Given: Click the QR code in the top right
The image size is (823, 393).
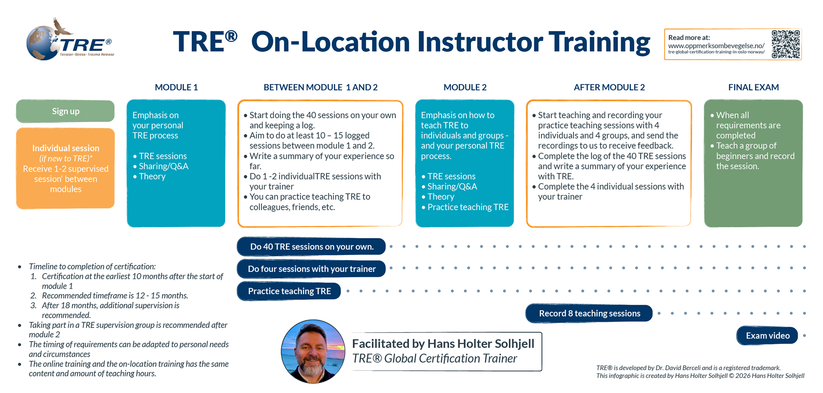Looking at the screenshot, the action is click(786, 44).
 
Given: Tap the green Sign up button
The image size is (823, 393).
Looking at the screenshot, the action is click(65, 111).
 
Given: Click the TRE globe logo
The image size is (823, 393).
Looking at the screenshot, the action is click(70, 39).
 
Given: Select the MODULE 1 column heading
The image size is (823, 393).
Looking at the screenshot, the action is click(176, 87).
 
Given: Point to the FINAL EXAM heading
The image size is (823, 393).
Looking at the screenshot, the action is click(753, 87).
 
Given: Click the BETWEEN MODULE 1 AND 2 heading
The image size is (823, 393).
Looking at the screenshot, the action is click(320, 87).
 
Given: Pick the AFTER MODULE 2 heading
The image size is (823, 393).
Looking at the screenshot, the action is click(609, 87).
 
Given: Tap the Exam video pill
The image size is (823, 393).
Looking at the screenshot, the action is click(767, 336).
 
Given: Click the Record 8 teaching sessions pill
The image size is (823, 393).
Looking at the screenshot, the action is click(589, 313).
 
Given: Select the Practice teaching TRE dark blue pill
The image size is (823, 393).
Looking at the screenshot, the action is click(289, 291).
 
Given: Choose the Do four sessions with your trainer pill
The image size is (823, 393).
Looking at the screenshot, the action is click(312, 269).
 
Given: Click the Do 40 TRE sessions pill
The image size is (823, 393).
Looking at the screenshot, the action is click(312, 247).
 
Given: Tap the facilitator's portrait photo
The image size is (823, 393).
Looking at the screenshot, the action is click(313, 351).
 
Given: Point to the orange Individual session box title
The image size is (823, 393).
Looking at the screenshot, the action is click(66, 148).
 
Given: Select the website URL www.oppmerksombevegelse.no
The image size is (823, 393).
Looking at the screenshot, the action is click(716, 45).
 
